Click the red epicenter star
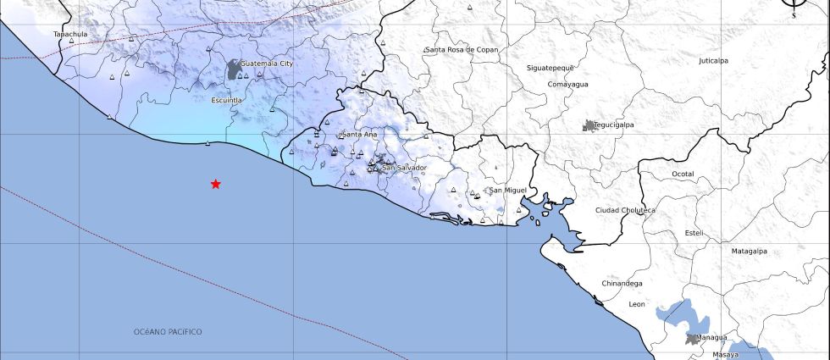click(x=216, y=184)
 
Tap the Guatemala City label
click(x=267, y=64)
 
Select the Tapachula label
click(x=70, y=35)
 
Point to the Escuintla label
click(x=226, y=100)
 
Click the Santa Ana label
click(x=359, y=135)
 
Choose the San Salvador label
click(x=404, y=168)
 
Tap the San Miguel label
click(x=508, y=190)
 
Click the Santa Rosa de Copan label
click(x=462, y=50)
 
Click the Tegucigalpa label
click(x=614, y=125)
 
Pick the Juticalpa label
click(x=713, y=61)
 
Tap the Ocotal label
click(x=683, y=174)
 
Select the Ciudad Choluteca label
click(x=625, y=210)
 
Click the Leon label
click(x=637, y=303)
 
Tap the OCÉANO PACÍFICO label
click(x=168, y=332)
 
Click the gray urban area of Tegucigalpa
click(x=589, y=125)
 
